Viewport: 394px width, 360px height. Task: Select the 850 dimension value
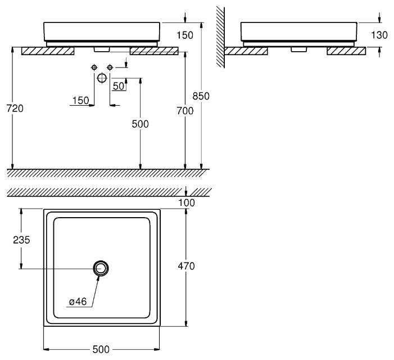click(x=201, y=96)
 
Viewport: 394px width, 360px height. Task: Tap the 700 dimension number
click(x=185, y=111)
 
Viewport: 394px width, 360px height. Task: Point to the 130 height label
click(x=380, y=35)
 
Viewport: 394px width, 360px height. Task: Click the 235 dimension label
click(x=21, y=239)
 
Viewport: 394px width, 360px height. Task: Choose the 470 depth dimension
click(x=186, y=266)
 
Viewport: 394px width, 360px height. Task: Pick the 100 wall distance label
click(x=186, y=202)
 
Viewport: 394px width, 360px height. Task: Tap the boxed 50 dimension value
click(x=118, y=86)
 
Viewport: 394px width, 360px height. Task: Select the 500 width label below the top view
click(x=101, y=350)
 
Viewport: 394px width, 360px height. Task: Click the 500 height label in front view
click(x=140, y=124)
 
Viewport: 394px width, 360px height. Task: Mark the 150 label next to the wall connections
click(x=80, y=101)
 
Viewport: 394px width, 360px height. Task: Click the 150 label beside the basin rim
click(x=184, y=35)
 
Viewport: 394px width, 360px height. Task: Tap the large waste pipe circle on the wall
click(x=102, y=78)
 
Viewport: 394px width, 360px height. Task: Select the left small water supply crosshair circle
click(x=94, y=67)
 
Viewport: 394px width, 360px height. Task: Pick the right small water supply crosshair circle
click(x=110, y=67)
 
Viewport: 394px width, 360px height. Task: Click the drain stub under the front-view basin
click(x=102, y=49)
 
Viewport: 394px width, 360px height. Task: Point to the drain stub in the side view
click(x=297, y=49)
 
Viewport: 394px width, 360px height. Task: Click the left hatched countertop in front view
click(x=48, y=51)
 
